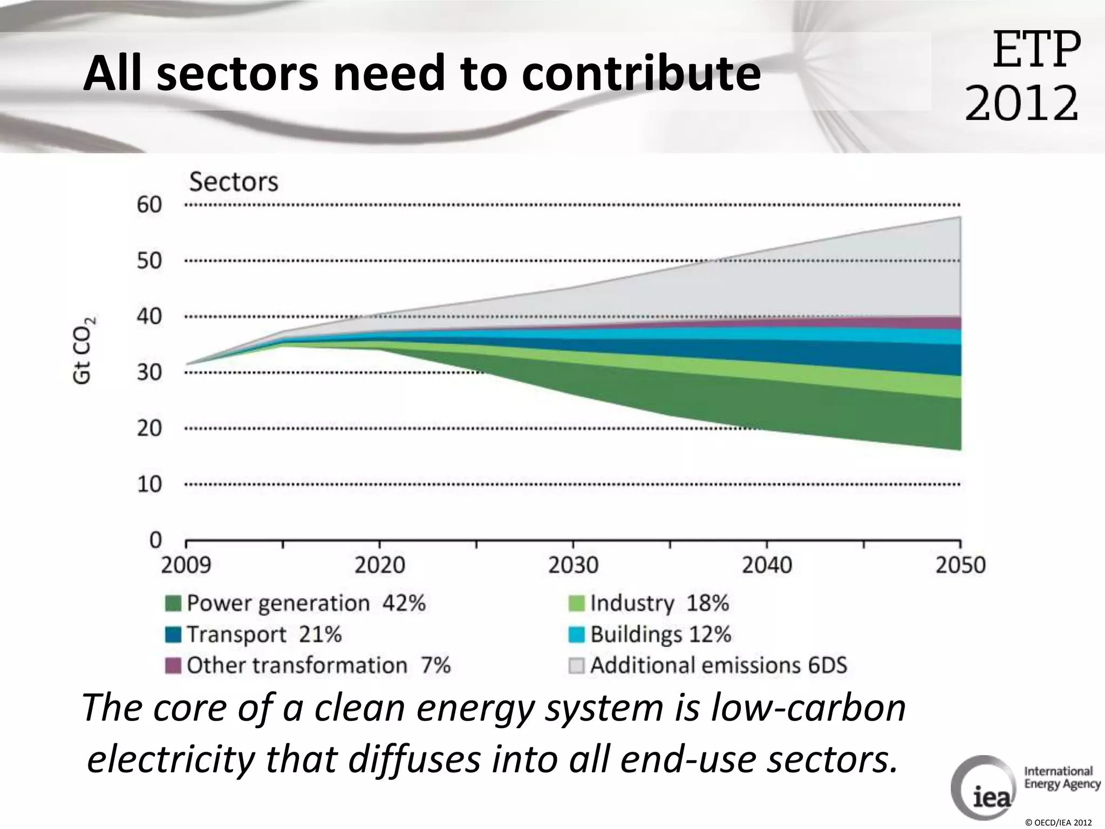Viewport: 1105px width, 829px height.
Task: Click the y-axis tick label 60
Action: [149, 205]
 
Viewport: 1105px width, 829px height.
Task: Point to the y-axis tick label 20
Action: [149, 429]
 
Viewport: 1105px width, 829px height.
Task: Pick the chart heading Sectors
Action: [234, 182]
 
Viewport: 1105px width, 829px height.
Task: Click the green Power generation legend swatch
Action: [173, 603]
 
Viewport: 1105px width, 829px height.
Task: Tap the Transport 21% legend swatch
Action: [173, 635]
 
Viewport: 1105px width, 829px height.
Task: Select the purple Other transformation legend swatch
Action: [173, 665]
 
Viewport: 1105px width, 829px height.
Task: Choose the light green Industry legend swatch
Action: [576, 603]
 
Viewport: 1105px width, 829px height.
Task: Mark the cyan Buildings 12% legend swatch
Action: [576, 635]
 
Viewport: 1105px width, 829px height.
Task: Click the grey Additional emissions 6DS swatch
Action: [576, 665]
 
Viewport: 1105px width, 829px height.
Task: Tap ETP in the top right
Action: [1036, 50]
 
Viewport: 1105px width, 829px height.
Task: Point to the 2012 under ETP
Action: [1021, 103]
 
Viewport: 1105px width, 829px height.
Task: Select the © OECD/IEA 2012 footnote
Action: [1058, 823]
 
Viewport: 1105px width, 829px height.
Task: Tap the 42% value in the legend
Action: [404, 603]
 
